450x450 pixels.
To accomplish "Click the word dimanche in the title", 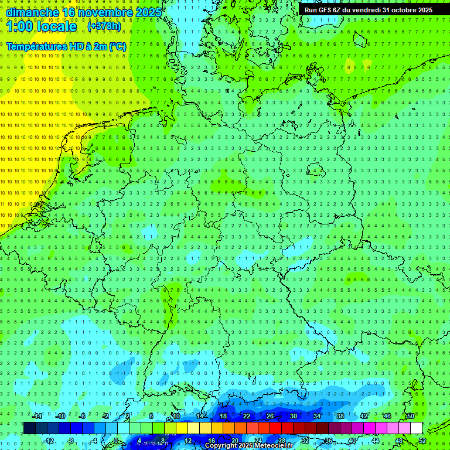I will coord(32,12).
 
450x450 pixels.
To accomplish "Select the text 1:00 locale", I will coord(42,27).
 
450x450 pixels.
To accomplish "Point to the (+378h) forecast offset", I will coord(105,26).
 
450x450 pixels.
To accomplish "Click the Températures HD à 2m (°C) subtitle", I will coord(66,46).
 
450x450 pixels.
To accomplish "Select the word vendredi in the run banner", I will coord(363,10).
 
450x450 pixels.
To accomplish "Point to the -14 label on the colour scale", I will coord(37,416).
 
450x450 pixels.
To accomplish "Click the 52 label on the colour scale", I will coord(422,441).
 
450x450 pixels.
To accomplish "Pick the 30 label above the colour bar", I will coord(293,416).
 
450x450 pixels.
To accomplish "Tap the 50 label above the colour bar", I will coord(410,416).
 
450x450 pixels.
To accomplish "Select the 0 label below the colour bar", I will coord(116,441).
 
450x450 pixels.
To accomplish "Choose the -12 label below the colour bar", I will coord(49,441).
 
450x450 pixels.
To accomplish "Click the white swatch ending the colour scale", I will coord(416,428).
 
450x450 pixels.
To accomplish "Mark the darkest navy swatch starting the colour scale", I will coord(29,428).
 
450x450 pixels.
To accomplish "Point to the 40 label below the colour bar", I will coord(352,441).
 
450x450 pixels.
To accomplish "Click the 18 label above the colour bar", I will coord(223,416).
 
